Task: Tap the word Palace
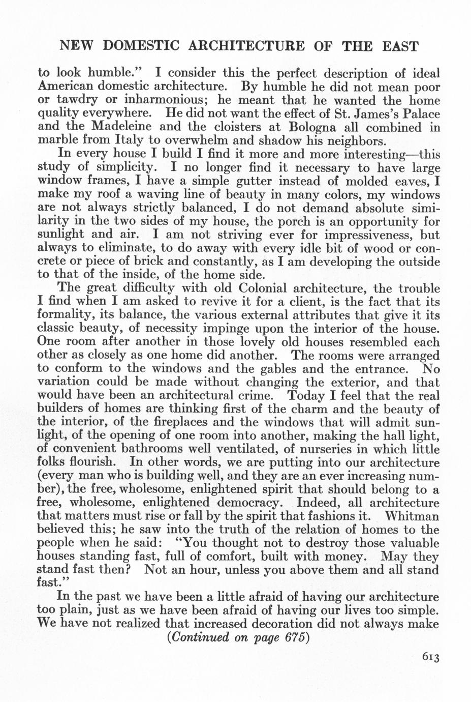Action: pyautogui.click(x=419, y=113)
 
